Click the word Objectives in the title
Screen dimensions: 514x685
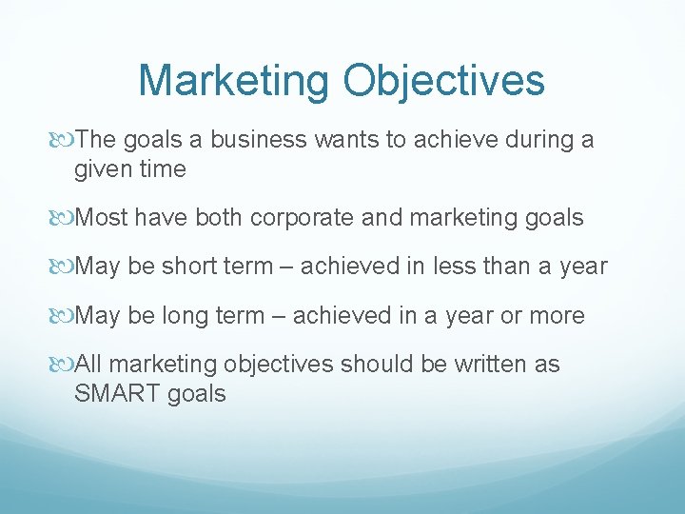(x=444, y=81)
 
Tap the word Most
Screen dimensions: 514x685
(x=102, y=217)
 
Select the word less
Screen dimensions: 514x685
(x=457, y=267)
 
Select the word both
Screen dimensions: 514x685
(x=221, y=217)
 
